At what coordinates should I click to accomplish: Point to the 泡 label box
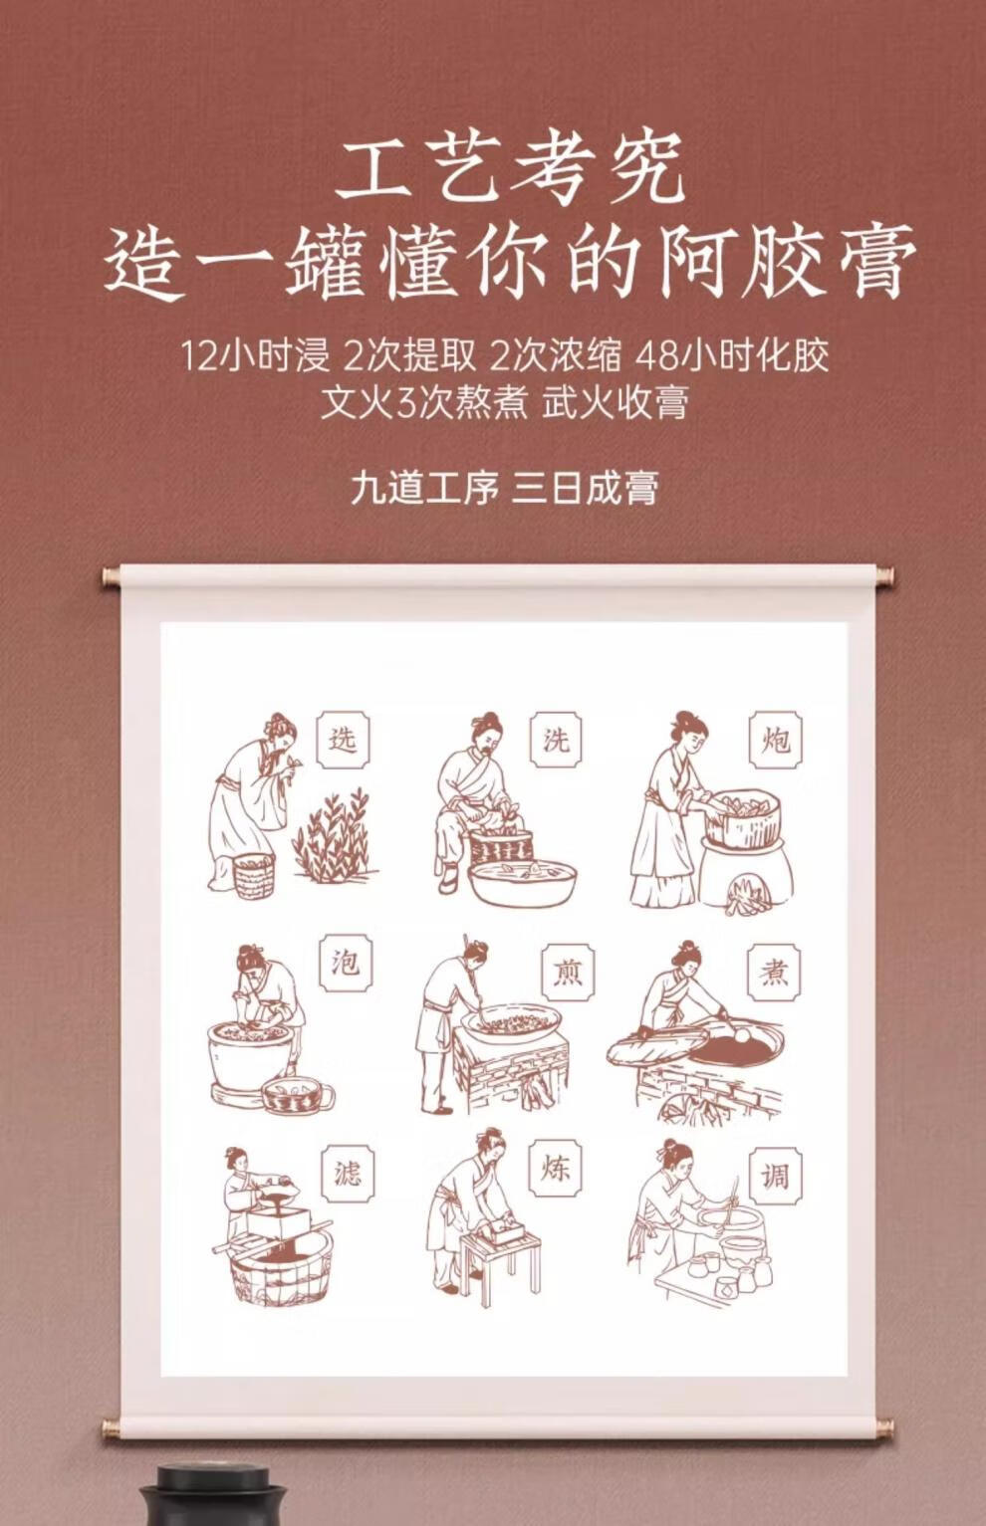[347, 964]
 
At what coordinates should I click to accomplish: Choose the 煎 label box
[569, 973]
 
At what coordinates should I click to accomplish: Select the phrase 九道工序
[425, 489]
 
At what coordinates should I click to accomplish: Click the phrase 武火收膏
[616, 402]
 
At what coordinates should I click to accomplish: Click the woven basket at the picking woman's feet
[254, 875]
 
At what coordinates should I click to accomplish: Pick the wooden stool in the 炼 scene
[501, 1255]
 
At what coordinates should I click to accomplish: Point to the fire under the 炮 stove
[747, 894]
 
